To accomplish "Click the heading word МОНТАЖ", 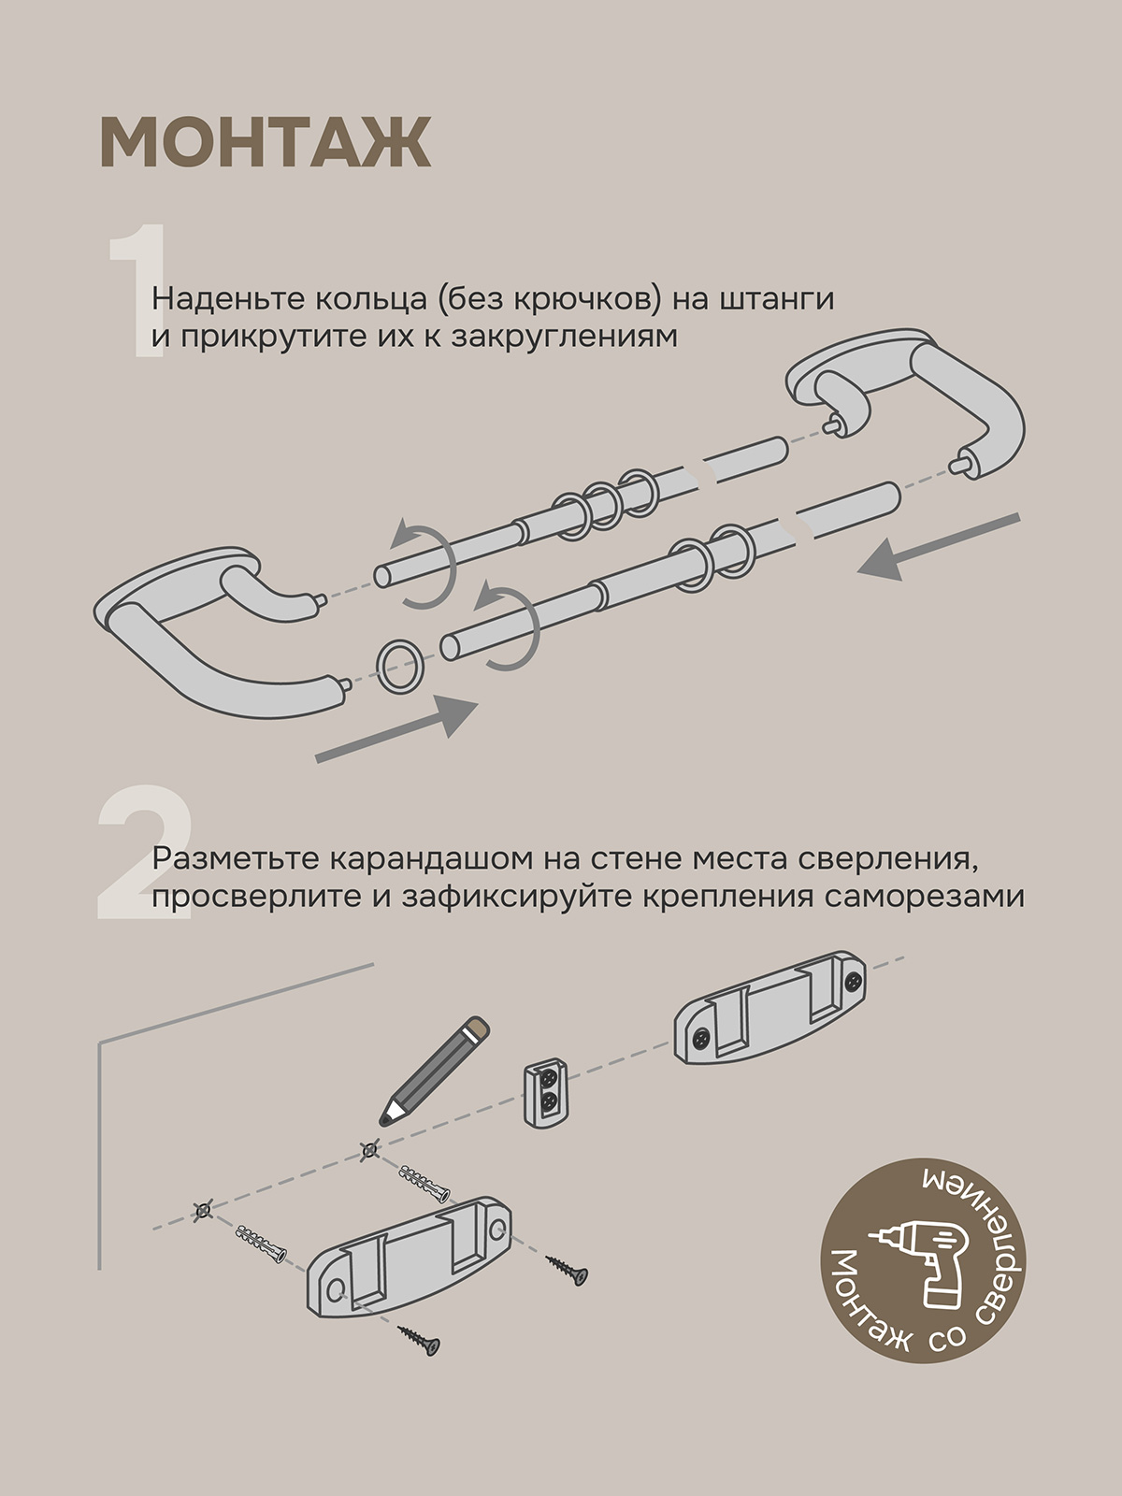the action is [x=265, y=142].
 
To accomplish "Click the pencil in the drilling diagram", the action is [x=435, y=1072].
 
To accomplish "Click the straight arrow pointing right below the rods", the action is [x=396, y=730].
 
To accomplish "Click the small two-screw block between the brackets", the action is [x=545, y=1092].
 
